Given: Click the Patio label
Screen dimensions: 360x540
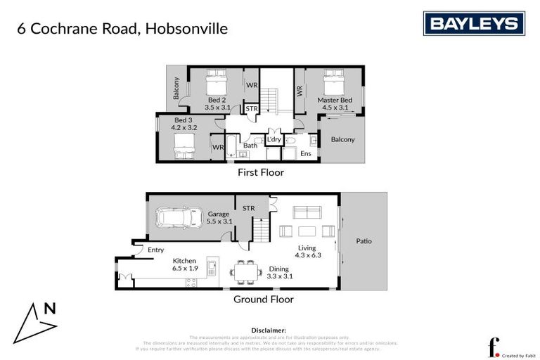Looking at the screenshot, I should click(364, 241).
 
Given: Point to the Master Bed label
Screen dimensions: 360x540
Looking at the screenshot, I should click(334, 100).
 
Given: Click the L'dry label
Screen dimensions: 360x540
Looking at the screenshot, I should click(274, 140).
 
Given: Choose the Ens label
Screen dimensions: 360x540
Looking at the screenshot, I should click(306, 153).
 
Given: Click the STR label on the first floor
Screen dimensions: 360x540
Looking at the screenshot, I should click(251, 109).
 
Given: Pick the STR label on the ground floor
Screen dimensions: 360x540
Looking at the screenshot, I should click(248, 208).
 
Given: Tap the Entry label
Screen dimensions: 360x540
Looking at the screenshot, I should click(155, 250).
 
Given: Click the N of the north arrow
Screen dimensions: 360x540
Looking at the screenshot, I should click(49, 308).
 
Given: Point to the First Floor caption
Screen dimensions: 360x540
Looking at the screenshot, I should click(262, 172).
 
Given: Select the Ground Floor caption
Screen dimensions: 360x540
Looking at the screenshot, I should click(263, 300).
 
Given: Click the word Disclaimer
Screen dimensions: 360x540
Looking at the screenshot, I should click(269, 330).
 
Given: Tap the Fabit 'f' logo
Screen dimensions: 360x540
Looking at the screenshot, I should click(494, 347).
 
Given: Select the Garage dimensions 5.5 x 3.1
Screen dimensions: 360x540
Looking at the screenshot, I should click(219, 221).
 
